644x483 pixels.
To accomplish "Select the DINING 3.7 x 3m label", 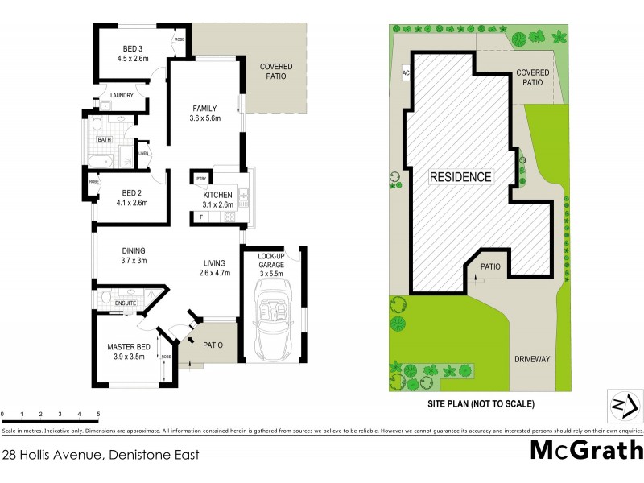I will coord(134,255).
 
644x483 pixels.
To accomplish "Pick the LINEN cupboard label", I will coord(143,153).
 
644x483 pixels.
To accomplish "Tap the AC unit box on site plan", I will coord(405,73).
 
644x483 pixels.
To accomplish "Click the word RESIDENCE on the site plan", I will coord(460,176).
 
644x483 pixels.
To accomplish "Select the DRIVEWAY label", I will coord(531,359).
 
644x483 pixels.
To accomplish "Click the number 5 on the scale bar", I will coord(98,414).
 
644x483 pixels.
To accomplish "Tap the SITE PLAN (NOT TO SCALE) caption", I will coord(480,403).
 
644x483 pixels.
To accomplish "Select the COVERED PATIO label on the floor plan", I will coord(276,72).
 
